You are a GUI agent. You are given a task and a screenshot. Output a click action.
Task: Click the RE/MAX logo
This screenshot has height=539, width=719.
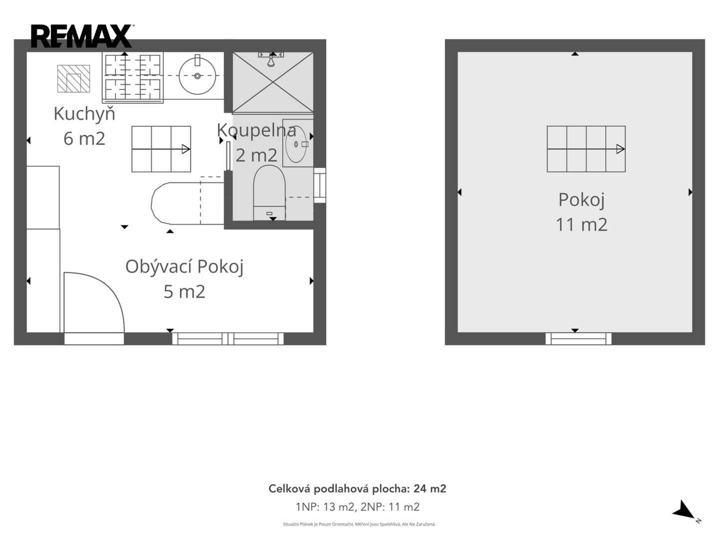(82, 36)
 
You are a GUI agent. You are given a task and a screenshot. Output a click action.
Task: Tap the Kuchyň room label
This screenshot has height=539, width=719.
(84, 114)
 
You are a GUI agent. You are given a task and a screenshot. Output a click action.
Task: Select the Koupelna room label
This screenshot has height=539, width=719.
(257, 130)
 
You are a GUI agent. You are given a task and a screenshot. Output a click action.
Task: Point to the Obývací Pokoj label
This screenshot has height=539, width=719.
(184, 267)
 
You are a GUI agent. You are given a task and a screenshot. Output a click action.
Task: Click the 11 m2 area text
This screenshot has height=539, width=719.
(581, 225)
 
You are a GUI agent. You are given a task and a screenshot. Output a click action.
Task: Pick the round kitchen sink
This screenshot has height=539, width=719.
(197, 76)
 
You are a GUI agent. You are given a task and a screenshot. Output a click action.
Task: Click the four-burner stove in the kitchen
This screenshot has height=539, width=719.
(133, 77)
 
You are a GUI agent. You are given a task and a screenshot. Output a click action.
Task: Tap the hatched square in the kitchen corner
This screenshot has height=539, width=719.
(73, 78)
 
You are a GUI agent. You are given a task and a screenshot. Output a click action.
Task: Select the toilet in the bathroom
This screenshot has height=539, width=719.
(269, 193)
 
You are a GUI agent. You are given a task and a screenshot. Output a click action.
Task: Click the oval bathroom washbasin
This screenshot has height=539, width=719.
(296, 144)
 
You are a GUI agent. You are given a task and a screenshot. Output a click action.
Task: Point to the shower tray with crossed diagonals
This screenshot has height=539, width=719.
(273, 82)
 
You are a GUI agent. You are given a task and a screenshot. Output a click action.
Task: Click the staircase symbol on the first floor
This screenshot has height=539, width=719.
(161, 149)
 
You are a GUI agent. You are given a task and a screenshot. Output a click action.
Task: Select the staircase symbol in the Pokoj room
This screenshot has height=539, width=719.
(586, 149)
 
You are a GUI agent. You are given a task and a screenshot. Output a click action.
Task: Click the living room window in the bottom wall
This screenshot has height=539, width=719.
(228, 339)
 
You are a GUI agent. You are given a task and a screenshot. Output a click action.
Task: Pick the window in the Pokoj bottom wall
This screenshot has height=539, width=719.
(579, 339)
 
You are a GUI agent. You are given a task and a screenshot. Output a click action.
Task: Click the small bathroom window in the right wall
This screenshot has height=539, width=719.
(320, 185)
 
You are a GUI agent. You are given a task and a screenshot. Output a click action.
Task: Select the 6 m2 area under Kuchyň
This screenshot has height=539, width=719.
(84, 138)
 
